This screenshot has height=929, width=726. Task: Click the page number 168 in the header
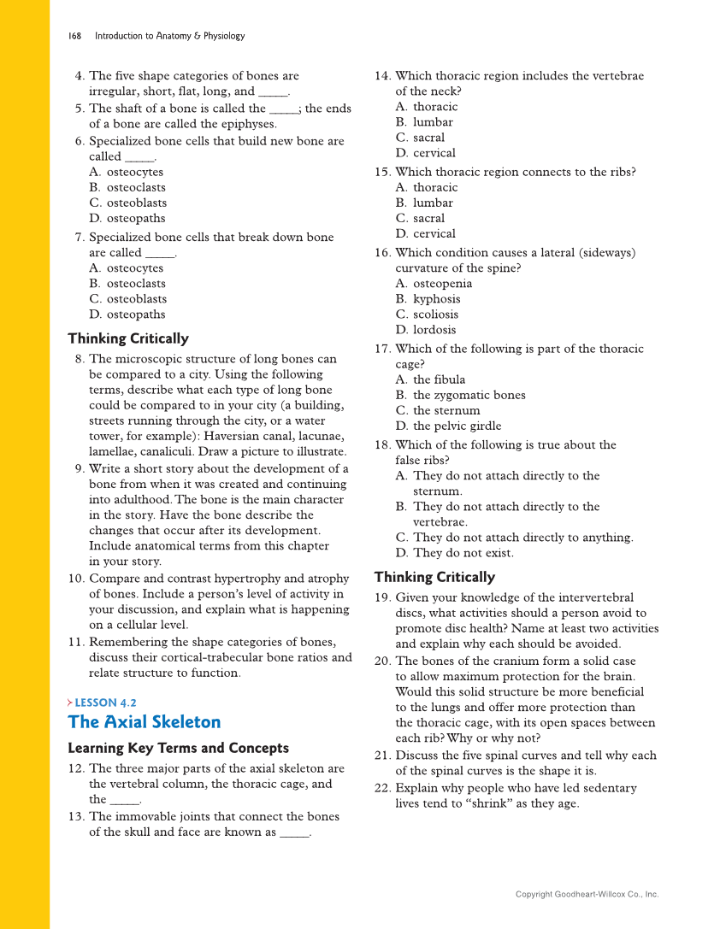pos(74,36)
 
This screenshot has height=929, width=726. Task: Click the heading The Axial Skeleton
pos(144,722)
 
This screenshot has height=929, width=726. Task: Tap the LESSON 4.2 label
pos(105,703)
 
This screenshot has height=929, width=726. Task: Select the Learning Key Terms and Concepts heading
pos(178,748)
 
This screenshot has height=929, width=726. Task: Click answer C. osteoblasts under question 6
pos(127,203)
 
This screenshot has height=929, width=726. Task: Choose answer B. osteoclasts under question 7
pos(127,283)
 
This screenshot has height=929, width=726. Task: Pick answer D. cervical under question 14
pos(425,153)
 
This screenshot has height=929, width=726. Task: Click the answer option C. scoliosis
pos(426,315)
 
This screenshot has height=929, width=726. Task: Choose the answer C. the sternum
pos(437,410)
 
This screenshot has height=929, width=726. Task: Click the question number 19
pos(382,597)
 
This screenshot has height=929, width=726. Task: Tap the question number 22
pos(382,788)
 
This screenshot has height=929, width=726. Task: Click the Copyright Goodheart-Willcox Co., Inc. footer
pos(587,894)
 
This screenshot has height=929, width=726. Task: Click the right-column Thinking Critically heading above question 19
pos(434,577)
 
